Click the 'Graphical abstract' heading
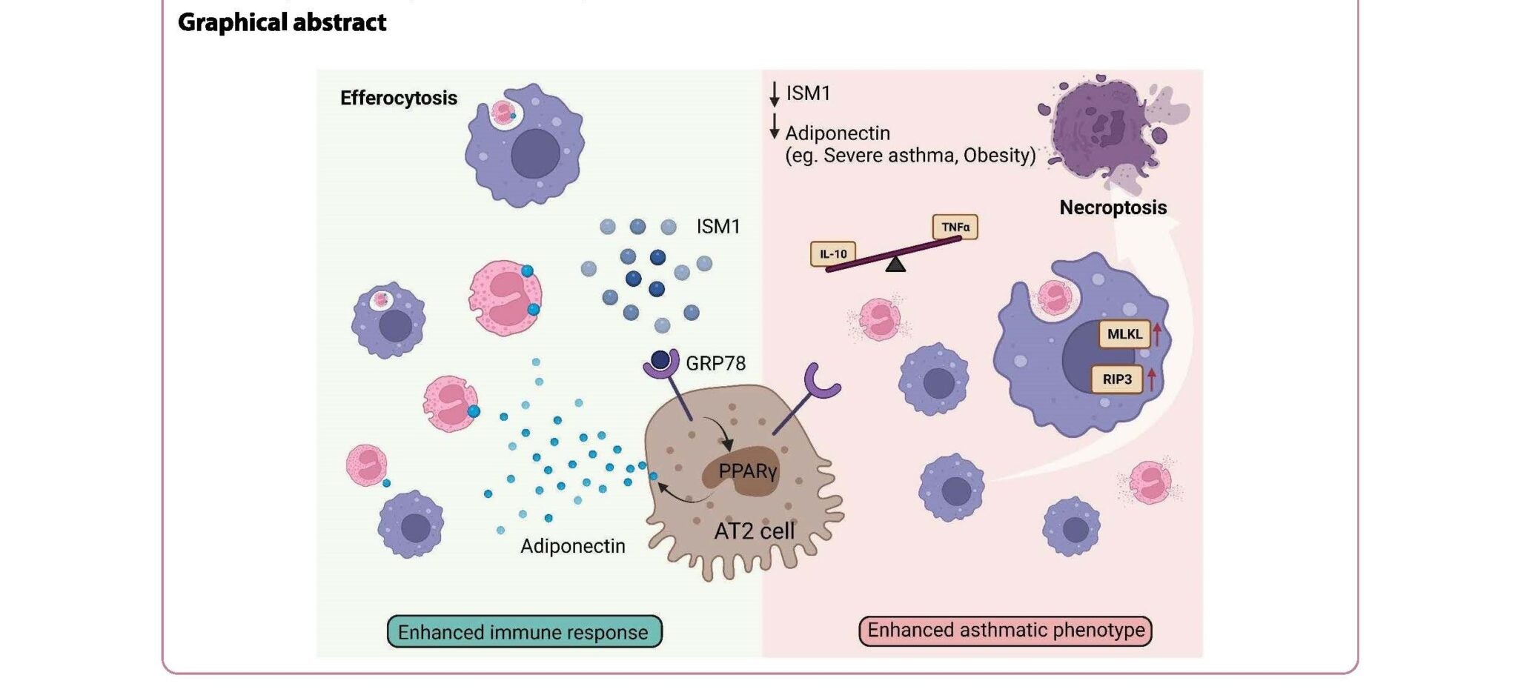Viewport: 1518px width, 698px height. click(282, 22)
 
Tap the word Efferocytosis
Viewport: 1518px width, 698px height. click(398, 98)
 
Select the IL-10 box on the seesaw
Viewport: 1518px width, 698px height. click(833, 254)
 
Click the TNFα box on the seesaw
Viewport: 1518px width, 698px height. click(955, 227)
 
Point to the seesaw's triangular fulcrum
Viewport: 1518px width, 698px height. click(895, 264)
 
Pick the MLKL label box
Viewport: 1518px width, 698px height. click(1124, 334)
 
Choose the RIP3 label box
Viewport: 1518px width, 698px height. click(1117, 379)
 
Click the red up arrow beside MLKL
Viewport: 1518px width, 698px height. click(1156, 333)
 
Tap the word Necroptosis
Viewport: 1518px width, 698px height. click(1113, 207)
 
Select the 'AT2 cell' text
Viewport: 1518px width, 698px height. click(754, 531)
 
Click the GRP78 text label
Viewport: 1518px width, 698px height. click(715, 363)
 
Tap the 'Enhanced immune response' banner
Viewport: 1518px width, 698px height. click(523, 632)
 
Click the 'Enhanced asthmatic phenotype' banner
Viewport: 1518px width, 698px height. click(1006, 631)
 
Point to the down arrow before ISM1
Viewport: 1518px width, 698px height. click(775, 94)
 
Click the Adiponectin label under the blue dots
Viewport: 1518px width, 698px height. click(572, 546)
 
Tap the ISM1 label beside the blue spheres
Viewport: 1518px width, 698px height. click(717, 227)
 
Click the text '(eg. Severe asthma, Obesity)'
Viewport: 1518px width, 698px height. click(910, 156)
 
